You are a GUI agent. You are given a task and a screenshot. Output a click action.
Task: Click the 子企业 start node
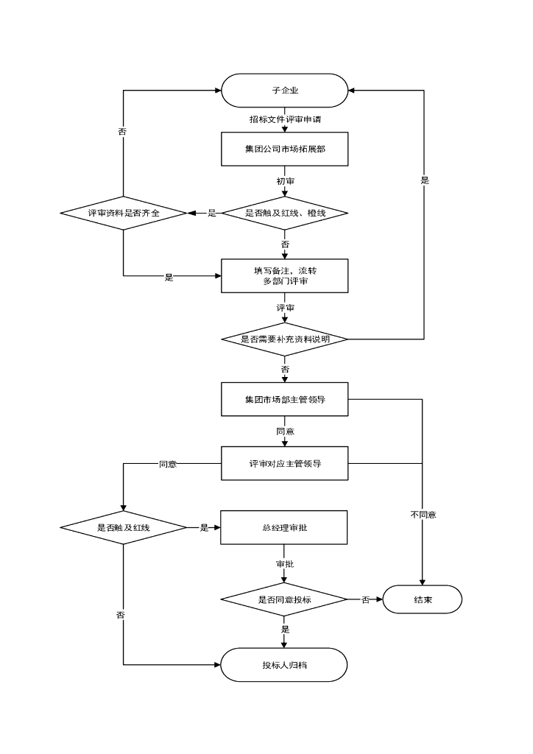pyautogui.click(x=284, y=91)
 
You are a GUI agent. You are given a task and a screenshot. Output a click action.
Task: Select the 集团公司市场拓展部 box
pyautogui.click(x=284, y=149)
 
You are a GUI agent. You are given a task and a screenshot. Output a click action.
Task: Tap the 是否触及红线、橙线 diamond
pyautogui.click(x=284, y=213)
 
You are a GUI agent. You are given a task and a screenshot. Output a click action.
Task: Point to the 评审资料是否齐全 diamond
pyautogui.click(x=124, y=213)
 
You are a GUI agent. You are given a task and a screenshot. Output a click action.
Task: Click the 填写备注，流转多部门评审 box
pyautogui.click(x=284, y=276)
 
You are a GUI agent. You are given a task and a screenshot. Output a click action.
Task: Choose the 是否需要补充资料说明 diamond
pyautogui.click(x=284, y=339)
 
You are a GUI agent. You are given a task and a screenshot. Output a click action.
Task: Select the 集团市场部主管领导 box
pyautogui.click(x=284, y=399)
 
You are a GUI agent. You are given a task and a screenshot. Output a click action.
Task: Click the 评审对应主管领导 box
pyautogui.click(x=284, y=464)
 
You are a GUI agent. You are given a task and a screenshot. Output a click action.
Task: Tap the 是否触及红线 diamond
pyautogui.click(x=124, y=527)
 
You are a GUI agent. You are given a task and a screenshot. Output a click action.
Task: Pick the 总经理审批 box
pyautogui.click(x=284, y=527)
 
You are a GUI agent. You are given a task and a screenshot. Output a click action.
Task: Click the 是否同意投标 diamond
pyautogui.click(x=284, y=599)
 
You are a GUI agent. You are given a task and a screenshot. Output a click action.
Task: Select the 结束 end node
pyautogui.click(x=423, y=599)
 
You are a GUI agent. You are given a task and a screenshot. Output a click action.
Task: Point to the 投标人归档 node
pyautogui.click(x=284, y=665)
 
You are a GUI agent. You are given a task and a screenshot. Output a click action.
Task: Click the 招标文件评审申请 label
pyautogui.click(x=284, y=119)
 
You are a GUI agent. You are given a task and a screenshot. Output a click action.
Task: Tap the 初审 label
pyautogui.click(x=286, y=180)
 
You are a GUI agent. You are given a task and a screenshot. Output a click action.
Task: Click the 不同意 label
pyautogui.click(x=423, y=515)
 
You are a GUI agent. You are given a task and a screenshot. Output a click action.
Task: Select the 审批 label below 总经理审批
pyautogui.click(x=284, y=564)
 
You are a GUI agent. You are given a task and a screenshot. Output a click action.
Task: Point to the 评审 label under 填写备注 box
pyautogui.click(x=285, y=307)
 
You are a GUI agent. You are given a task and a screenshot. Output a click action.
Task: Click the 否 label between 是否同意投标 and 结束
pyautogui.click(x=365, y=600)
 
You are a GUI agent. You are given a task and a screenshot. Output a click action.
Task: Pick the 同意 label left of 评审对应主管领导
pyautogui.click(x=168, y=464)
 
